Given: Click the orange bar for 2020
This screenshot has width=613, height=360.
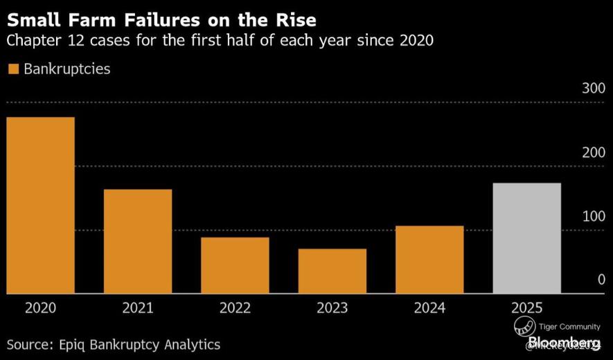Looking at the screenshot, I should click(40, 205).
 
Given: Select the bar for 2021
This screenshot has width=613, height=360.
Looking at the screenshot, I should click(138, 241).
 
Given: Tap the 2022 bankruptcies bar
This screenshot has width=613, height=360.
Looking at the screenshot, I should click(235, 265).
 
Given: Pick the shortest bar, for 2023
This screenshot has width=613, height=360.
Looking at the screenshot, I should click(332, 271).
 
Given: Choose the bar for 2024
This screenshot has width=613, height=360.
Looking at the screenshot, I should click(429, 260).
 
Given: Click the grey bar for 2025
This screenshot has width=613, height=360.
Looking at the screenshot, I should click(526, 238).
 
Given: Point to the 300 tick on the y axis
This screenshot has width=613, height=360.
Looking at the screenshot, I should click(593, 89).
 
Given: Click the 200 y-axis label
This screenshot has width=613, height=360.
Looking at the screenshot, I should click(593, 152).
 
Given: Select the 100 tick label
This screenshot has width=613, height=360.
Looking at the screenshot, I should click(593, 216).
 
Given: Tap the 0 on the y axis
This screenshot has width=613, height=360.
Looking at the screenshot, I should click(601, 280).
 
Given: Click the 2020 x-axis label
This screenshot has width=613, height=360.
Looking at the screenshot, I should click(40, 308).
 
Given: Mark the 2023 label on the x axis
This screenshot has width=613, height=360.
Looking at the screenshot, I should click(332, 308).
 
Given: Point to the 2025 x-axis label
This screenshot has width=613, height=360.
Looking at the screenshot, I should click(526, 308).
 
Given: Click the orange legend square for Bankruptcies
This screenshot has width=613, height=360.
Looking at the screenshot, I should click(12, 69).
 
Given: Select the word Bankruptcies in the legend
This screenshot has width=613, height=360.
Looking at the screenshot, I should click(67, 69).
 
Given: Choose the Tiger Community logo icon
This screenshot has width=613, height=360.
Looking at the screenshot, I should click(524, 327).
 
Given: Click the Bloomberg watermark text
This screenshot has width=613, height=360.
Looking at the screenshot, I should click(563, 343).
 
